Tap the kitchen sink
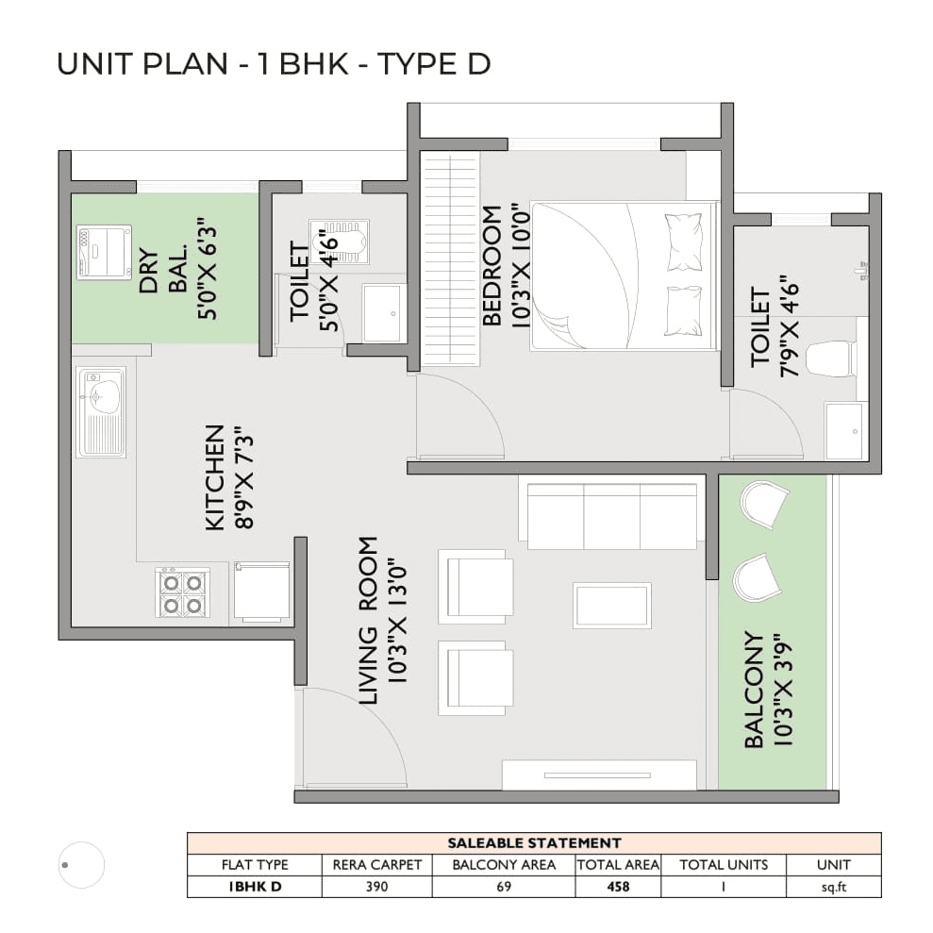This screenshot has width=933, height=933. (x=101, y=412)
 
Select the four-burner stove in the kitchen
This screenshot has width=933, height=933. (x=182, y=592)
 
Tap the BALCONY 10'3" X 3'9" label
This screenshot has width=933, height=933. (x=766, y=690)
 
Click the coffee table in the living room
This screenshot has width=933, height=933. (x=611, y=605)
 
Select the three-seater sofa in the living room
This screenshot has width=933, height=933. (x=610, y=514)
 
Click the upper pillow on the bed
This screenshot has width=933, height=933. (x=684, y=242)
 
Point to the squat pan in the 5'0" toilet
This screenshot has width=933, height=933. (x=340, y=242)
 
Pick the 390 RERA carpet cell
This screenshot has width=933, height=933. (x=377, y=887)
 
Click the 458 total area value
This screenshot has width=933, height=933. (x=618, y=887)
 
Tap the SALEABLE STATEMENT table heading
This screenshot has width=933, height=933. (x=533, y=842)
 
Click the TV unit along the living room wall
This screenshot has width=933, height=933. (x=599, y=775)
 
